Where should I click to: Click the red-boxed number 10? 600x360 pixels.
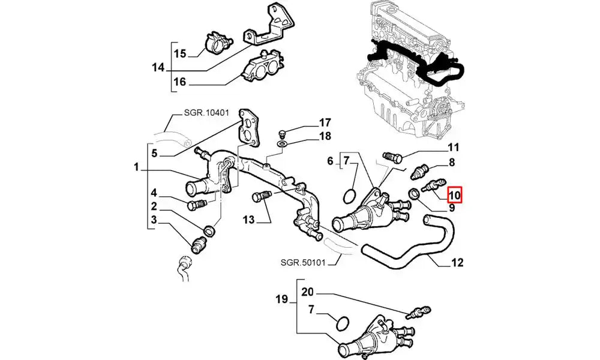tap(454, 195)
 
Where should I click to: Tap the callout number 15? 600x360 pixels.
tap(180, 54)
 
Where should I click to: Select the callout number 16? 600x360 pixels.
tap(180, 82)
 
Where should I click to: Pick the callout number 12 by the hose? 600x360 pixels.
tap(457, 262)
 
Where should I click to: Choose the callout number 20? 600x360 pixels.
tap(308, 293)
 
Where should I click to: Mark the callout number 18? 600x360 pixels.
tap(325, 136)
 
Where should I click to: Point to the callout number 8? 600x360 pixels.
tap(452, 162)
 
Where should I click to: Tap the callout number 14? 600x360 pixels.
tap(158, 68)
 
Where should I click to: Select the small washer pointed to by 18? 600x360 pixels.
tap(282, 145)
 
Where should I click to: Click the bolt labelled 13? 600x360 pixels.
tap(263, 197)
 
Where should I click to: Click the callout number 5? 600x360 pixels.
tap(154, 153)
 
